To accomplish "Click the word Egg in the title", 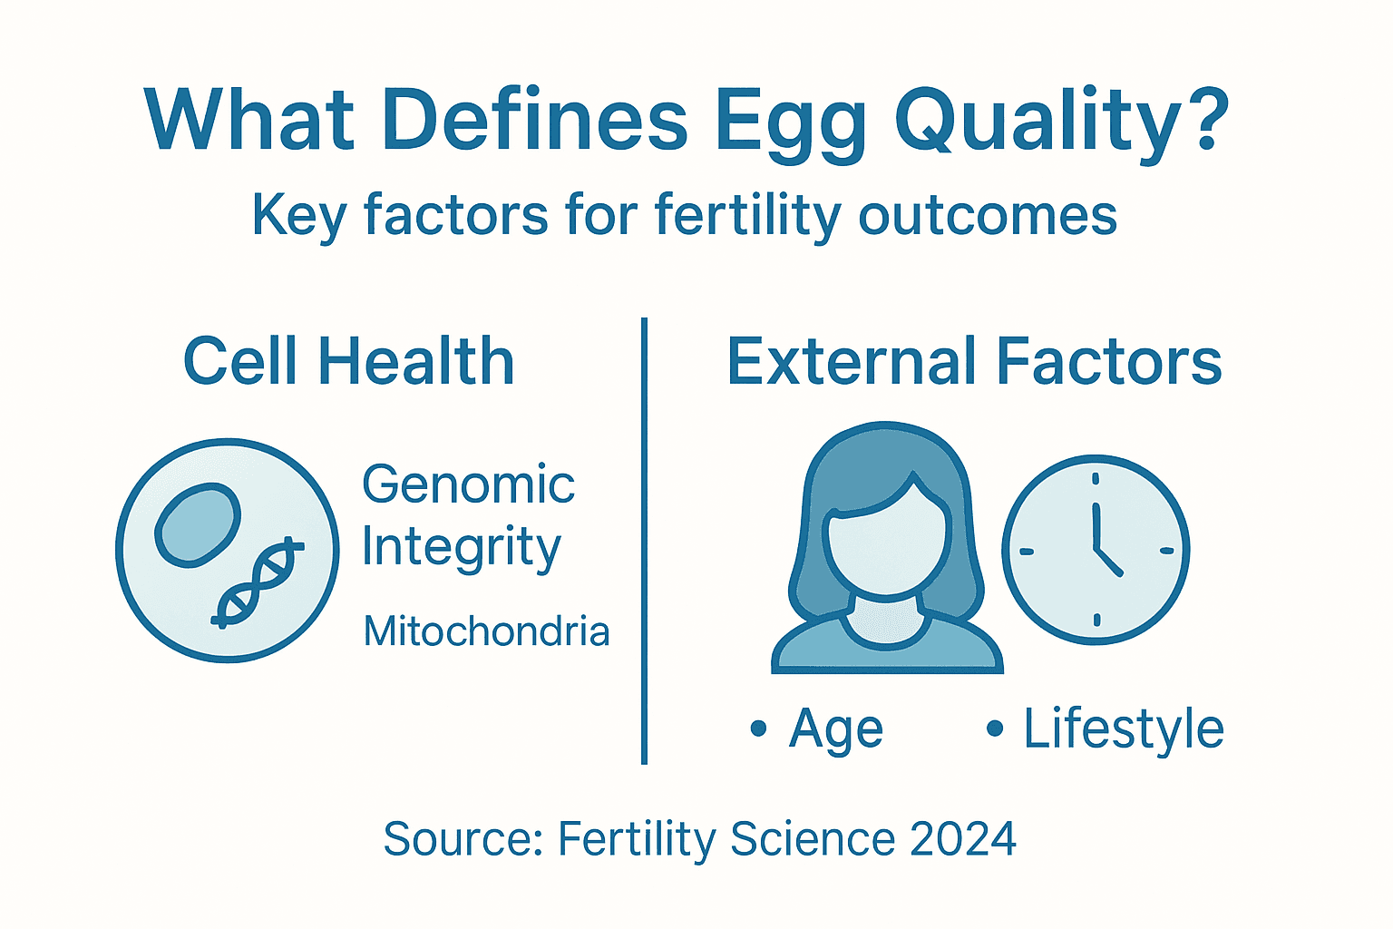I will click(x=789, y=122).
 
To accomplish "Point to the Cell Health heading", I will click(x=349, y=362).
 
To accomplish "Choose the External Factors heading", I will click(x=974, y=362).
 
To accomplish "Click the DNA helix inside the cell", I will click(x=257, y=583).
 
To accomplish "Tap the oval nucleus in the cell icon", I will click(x=198, y=524).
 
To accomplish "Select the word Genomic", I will click(x=468, y=484).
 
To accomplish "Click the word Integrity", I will click(x=462, y=548).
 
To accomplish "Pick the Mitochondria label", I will click(x=486, y=631).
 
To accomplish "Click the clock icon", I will click(x=1096, y=550).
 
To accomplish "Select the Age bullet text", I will click(x=835, y=729).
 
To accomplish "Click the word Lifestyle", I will click(x=1124, y=729).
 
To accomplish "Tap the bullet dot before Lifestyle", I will click(x=995, y=728).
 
